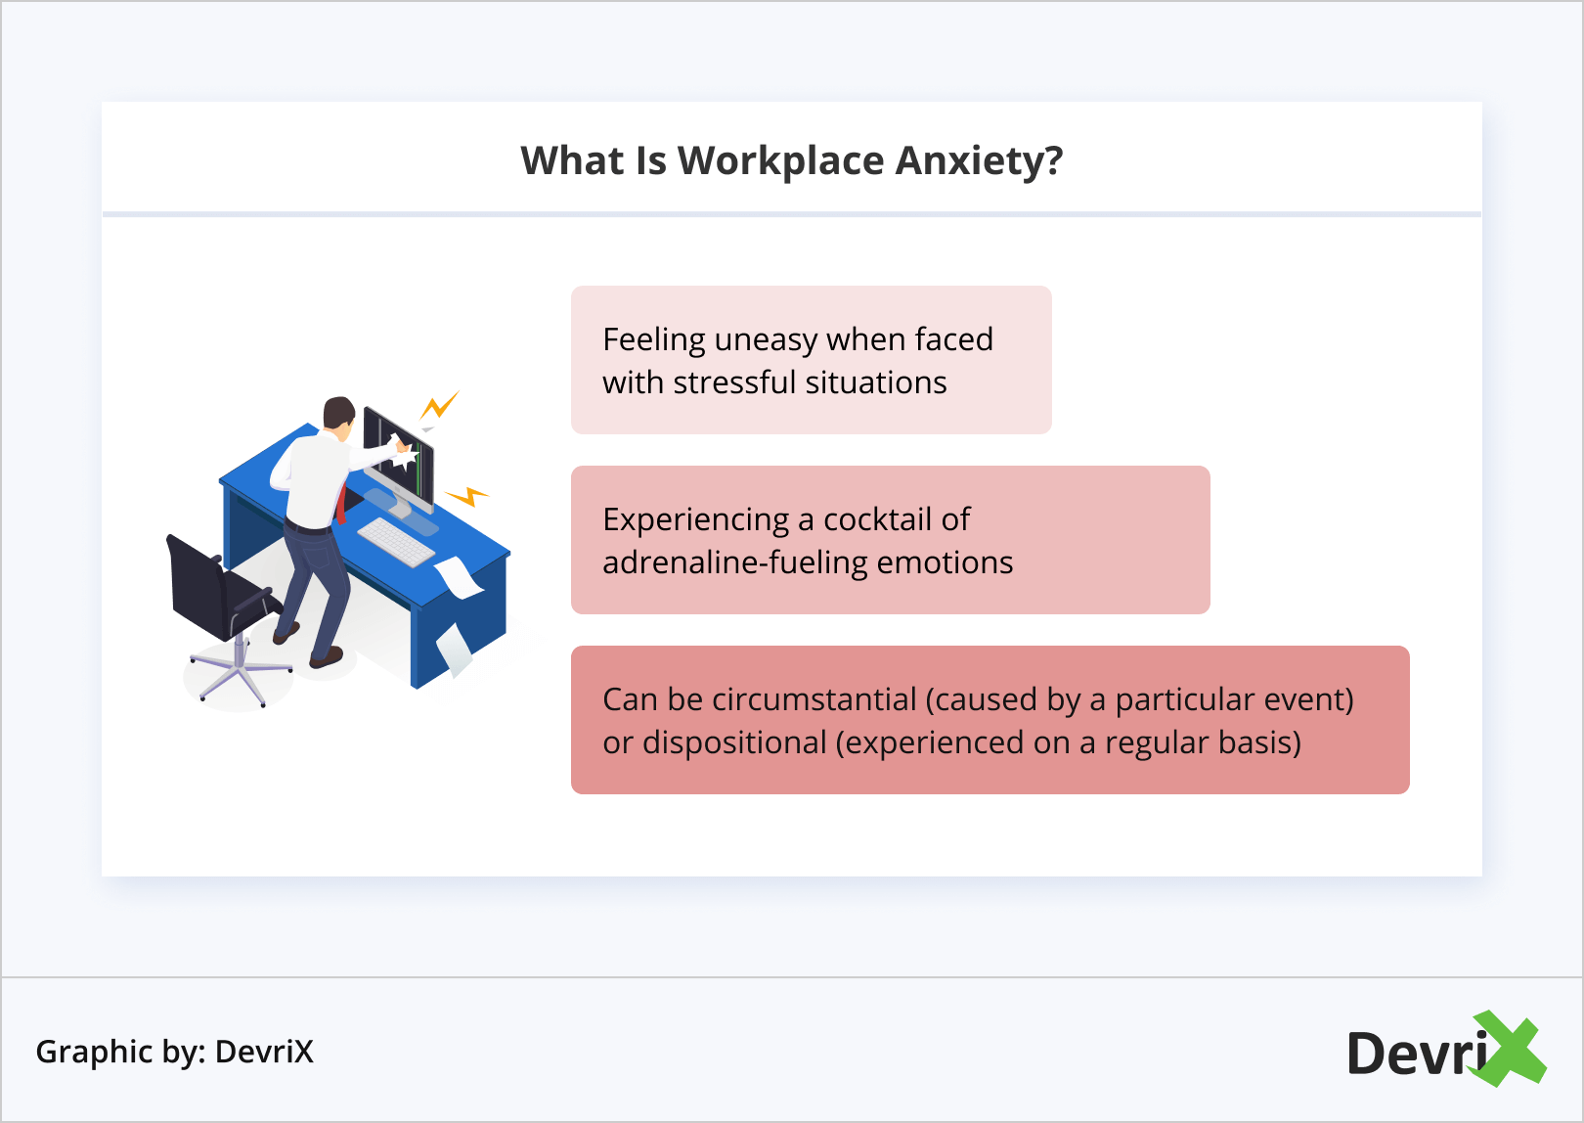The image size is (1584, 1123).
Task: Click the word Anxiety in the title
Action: (980, 162)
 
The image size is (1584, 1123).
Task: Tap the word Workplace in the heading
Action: (780, 162)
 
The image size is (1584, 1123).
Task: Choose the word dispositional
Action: (734, 743)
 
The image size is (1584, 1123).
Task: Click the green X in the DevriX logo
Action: (1510, 1048)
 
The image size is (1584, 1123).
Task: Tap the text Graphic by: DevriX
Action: (175, 1053)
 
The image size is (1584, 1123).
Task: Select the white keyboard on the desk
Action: (396, 542)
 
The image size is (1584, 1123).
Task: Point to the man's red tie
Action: (341, 504)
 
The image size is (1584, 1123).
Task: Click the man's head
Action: (338, 413)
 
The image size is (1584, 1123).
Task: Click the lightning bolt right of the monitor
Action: (467, 495)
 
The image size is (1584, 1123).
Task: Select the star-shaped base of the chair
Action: (241, 673)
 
